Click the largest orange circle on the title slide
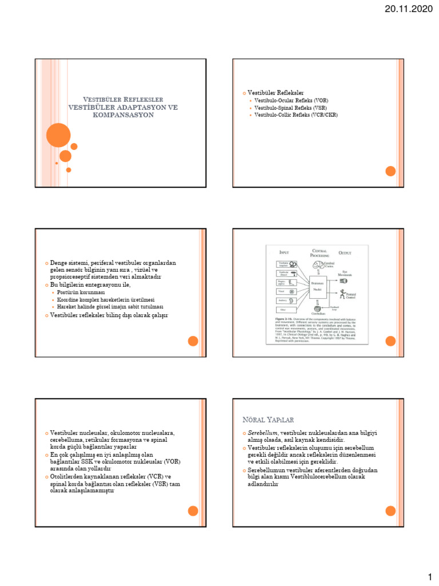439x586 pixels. tap(58, 136)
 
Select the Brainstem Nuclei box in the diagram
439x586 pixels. tap(318, 286)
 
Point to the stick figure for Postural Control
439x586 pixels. tap(343, 295)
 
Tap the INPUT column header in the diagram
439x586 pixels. tap(284, 252)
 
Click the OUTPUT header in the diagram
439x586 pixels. tap(345, 252)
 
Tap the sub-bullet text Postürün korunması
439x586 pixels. tap(85, 292)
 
